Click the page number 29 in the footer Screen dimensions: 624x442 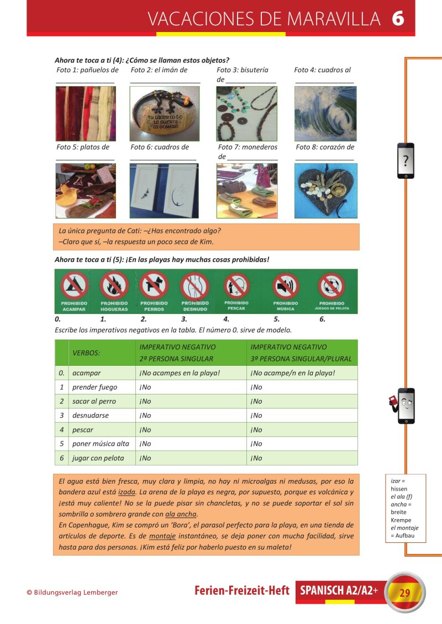pyautogui.click(x=405, y=593)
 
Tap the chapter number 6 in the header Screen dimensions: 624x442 pyautogui.click(x=398, y=19)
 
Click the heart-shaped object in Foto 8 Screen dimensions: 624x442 pyautogui.click(x=326, y=190)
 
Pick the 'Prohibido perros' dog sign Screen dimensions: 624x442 pyautogui.click(x=154, y=286)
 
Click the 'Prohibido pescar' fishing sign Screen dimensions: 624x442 pyautogui.click(x=236, y=286)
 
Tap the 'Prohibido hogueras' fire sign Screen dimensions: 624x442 pyautogui.click(x=114, y=286)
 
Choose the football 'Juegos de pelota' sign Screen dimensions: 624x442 pyautogui.click(x=331, y=286)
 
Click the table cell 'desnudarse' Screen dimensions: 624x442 pyautogui.click(x=91, y=415)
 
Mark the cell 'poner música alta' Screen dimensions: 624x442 pyautogui.click(x=101, y=444)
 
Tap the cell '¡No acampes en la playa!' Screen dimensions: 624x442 pyautogui.click(x=180, y=373)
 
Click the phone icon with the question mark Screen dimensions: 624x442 pyautogui.click(x=406, y=161)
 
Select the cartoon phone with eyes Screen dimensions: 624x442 pyautogui.click(x=406, y=406)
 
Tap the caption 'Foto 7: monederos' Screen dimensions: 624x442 pyautogui.click(x=248, y=147)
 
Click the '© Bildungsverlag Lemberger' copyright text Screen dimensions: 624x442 pyautogui.click(x=72, y=593)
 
